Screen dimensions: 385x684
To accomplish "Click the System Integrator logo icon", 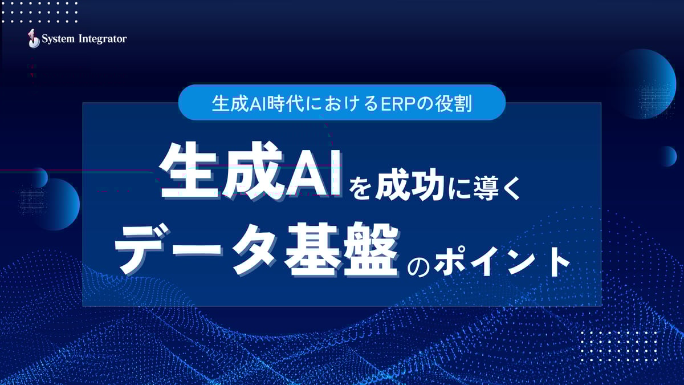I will coord(34,39).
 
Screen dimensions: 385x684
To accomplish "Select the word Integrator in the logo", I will coord(101,39).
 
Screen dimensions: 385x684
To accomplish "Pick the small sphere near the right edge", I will coord(667,156).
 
